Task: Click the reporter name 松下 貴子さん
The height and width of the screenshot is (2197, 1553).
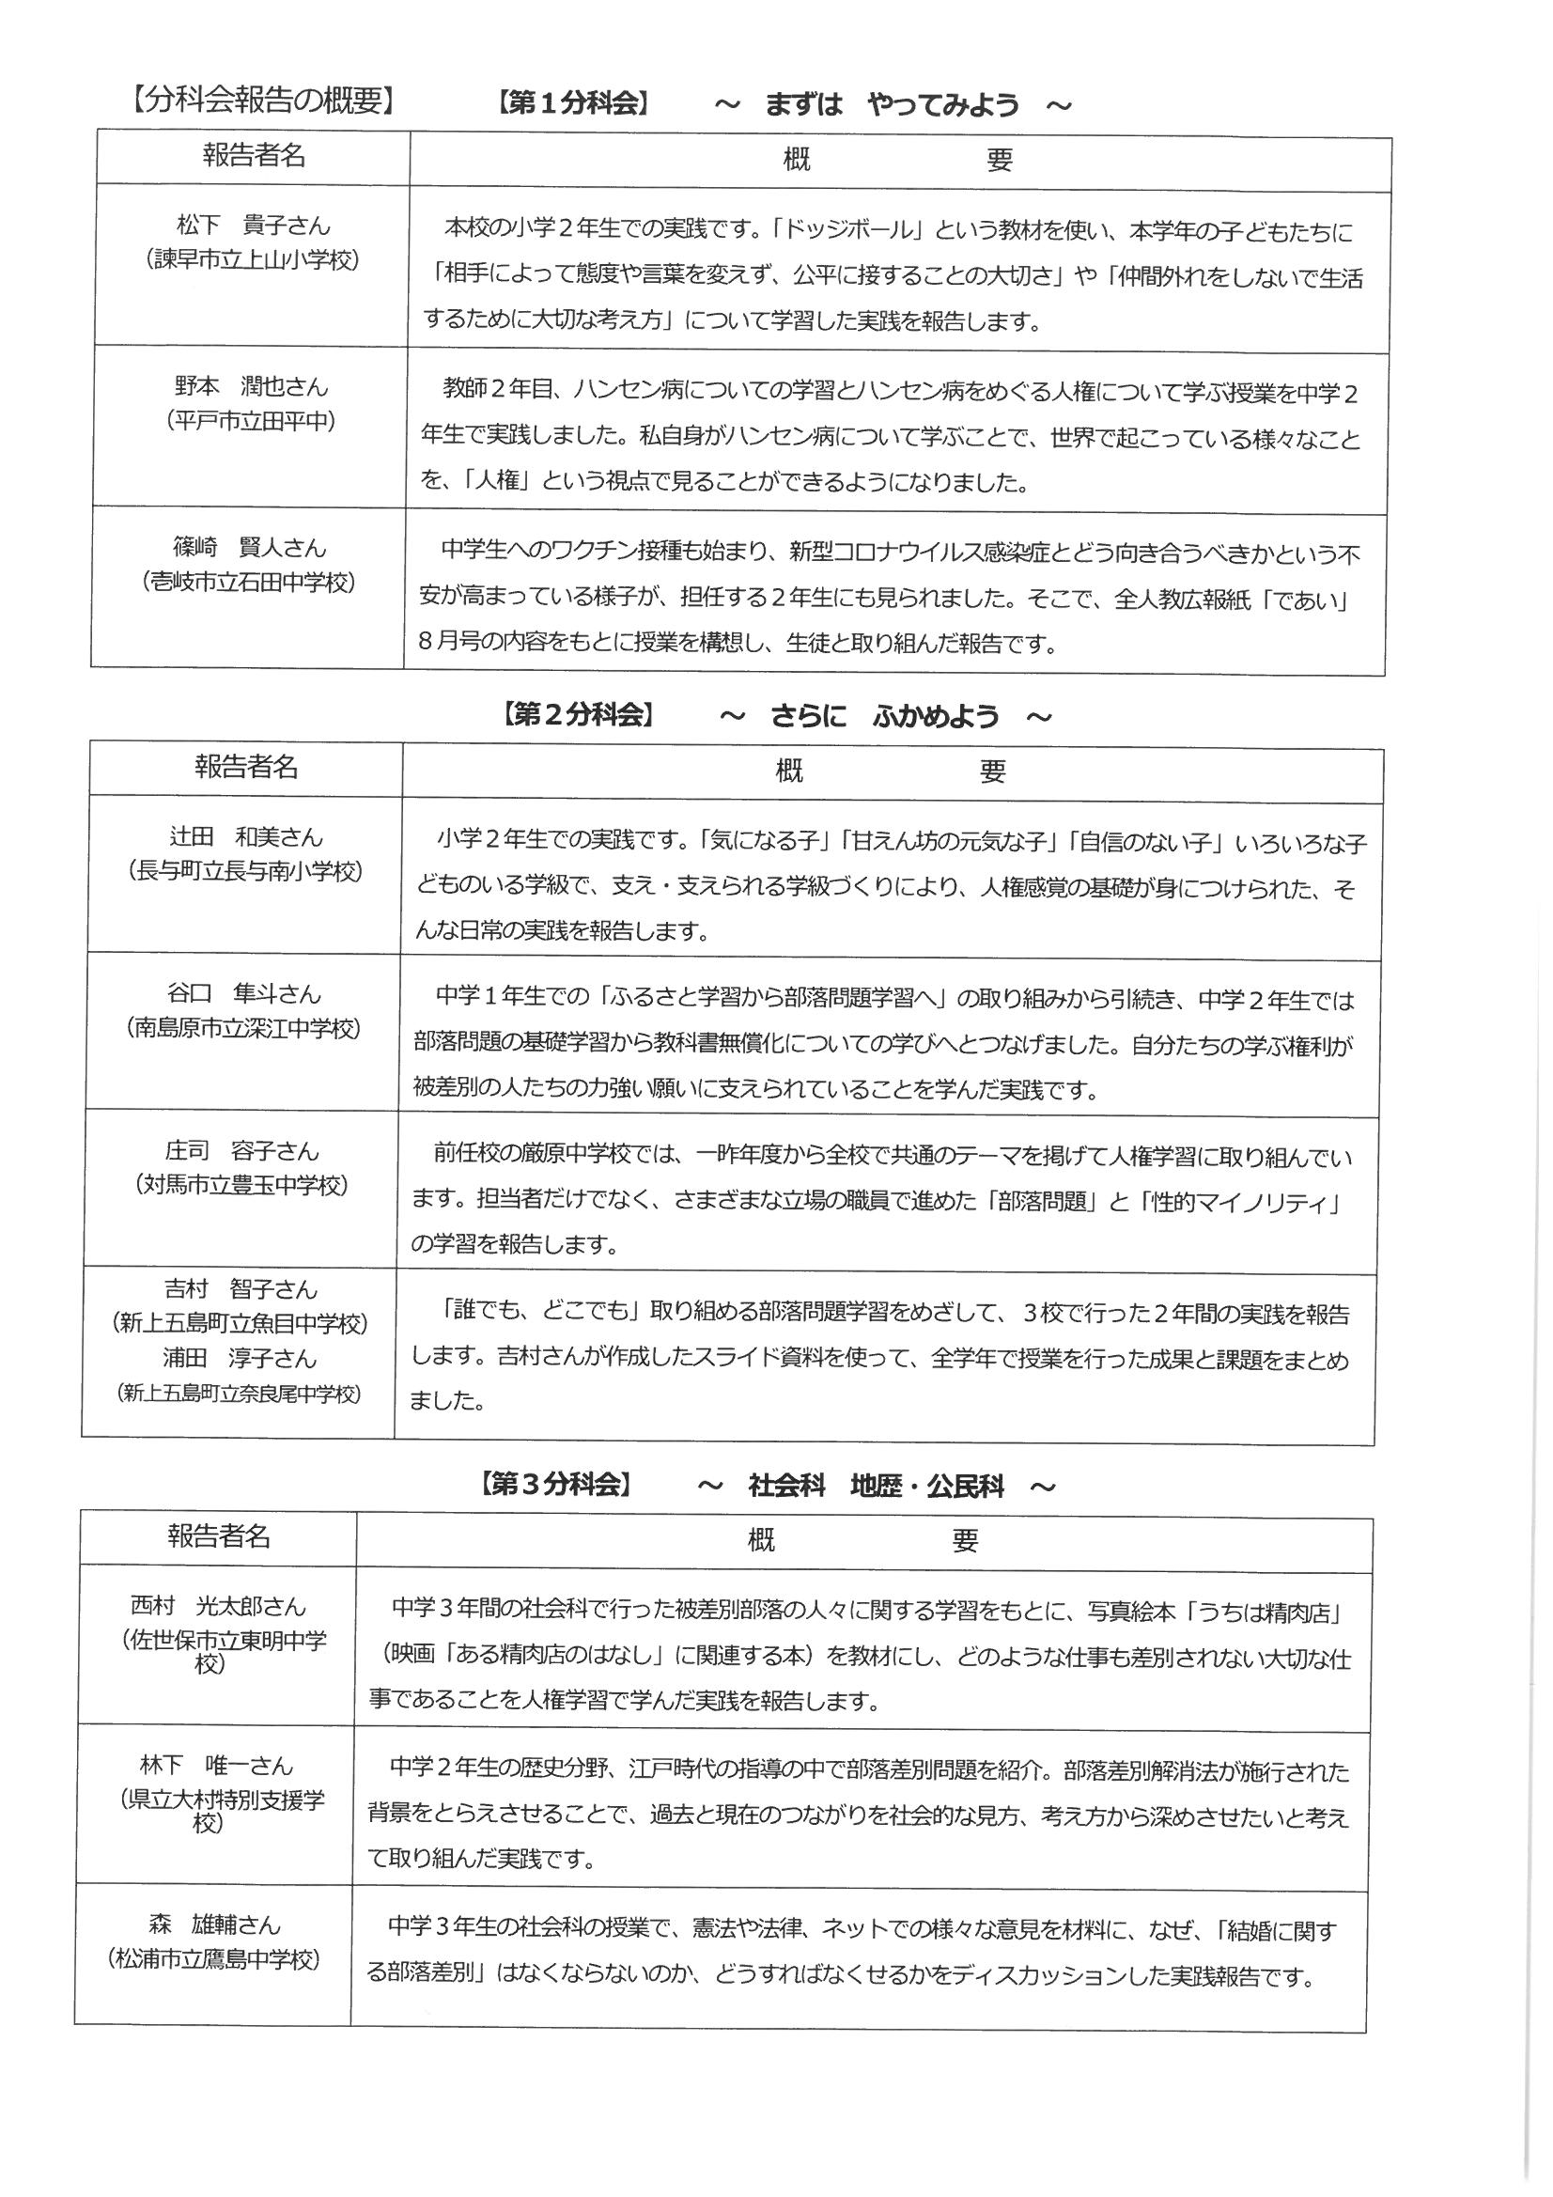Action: [254, 226]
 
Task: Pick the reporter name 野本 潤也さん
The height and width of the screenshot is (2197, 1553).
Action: [252, 386]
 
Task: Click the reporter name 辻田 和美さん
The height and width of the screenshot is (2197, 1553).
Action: [246, 836]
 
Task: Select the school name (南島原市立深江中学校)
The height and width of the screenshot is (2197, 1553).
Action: [244, 1028]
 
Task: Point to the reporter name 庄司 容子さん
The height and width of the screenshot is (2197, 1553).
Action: [241, 1150]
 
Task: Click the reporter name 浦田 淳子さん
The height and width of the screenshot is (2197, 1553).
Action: [240, 1358]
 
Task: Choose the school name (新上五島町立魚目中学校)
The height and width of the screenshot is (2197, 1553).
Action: [240, 1323]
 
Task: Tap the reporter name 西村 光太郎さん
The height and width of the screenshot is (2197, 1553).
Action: [217, 1605]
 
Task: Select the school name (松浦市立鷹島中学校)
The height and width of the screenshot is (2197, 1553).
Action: [212, 1958]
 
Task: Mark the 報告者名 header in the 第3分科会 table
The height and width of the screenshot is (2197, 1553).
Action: [219, 1536]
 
